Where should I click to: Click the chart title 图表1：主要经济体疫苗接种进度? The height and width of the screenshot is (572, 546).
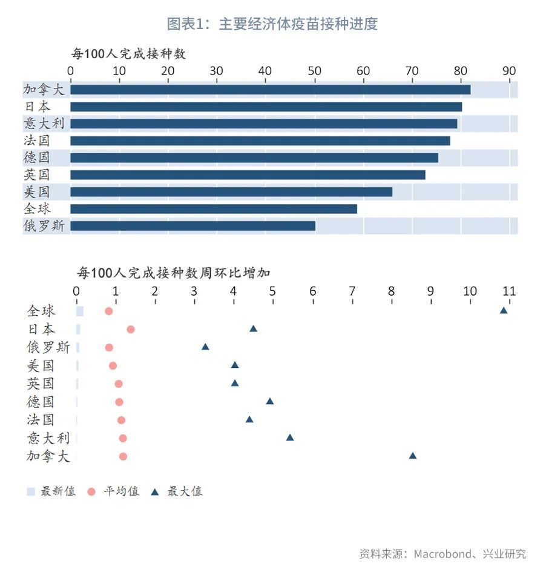click(272, 24)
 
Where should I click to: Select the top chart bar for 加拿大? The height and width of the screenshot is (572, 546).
click(270, 90)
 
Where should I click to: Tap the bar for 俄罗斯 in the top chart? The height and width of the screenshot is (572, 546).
click(192, 226)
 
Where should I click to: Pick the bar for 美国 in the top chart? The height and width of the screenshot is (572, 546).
click(231, 192)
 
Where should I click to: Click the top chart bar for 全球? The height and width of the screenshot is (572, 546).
click(214, 209)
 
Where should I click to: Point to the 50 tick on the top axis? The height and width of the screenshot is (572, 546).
click(314, 70)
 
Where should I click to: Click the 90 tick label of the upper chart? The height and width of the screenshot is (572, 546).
click(509, 70)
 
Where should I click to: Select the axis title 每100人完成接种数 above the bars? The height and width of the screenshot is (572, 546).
click(128, 53)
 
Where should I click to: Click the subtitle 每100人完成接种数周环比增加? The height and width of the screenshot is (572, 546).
click(174, 273)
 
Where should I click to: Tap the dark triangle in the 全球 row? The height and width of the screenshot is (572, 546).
click(503, 310)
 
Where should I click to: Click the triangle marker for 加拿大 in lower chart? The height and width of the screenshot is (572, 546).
click(413, 456)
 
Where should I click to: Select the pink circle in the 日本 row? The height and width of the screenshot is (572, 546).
click(130, 329)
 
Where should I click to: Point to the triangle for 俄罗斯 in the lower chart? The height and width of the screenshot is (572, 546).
click(205, 347)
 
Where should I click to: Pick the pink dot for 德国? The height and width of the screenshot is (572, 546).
click(119, 402)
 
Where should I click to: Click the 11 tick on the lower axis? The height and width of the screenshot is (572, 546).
click(509, 291)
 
